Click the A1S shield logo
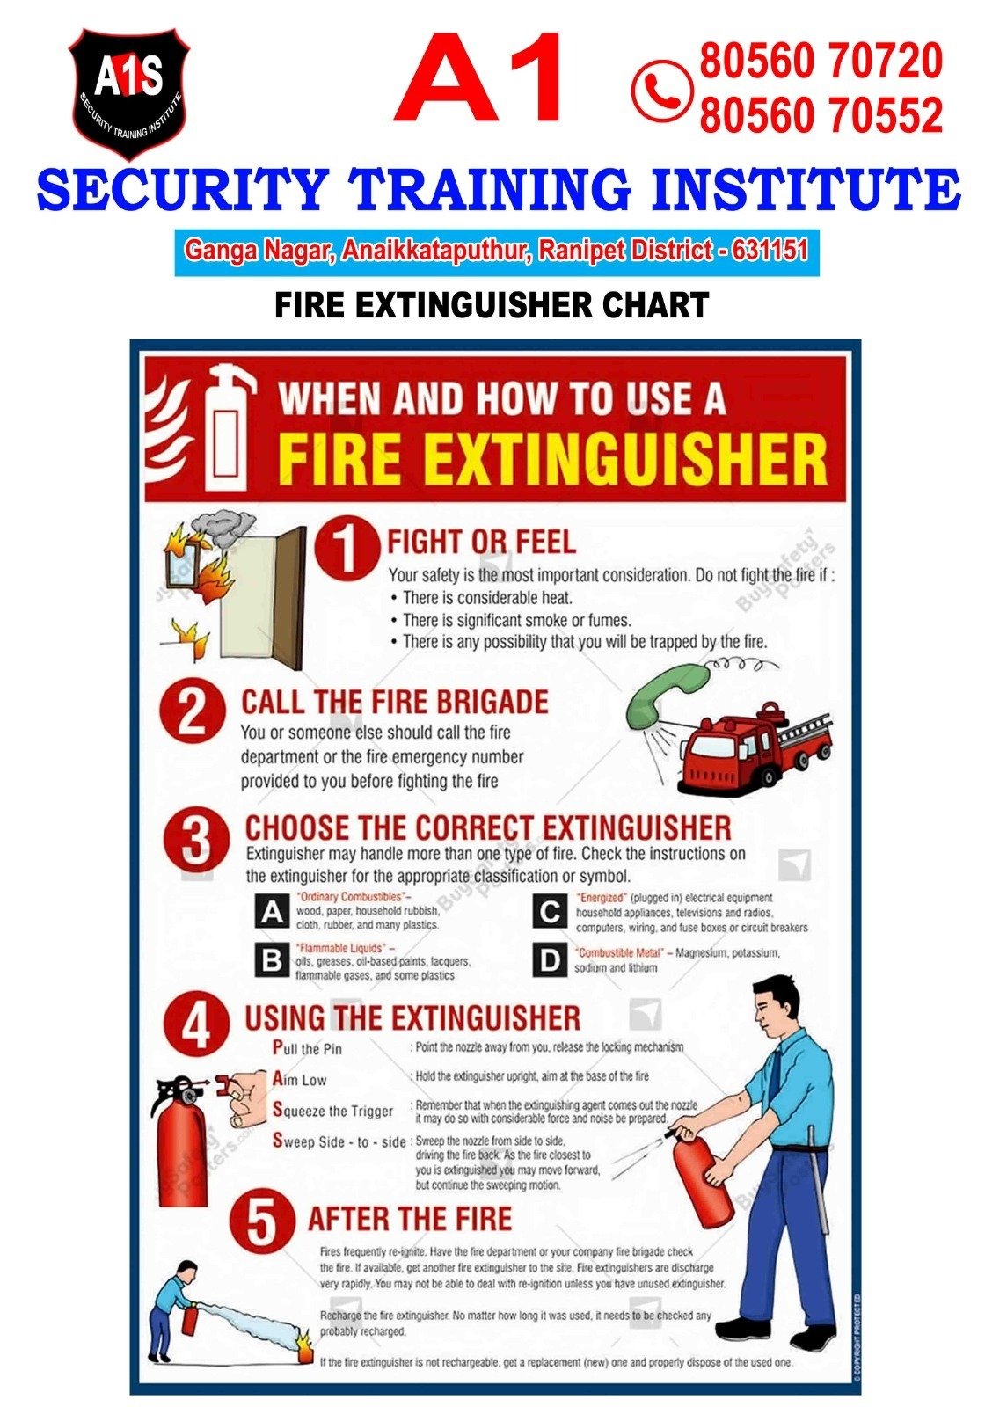(128, 93)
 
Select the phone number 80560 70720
(821, 61)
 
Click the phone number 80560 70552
(821, 114)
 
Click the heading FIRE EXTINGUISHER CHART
(492, 304)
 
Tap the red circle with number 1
(347, 547)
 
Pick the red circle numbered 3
(197, 842)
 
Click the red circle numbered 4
(197, 1025)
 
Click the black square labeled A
(272, 911)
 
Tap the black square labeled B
(272, 960)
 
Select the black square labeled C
(550, 911)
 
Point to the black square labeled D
(550, 960)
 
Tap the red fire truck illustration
(755, 747)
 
